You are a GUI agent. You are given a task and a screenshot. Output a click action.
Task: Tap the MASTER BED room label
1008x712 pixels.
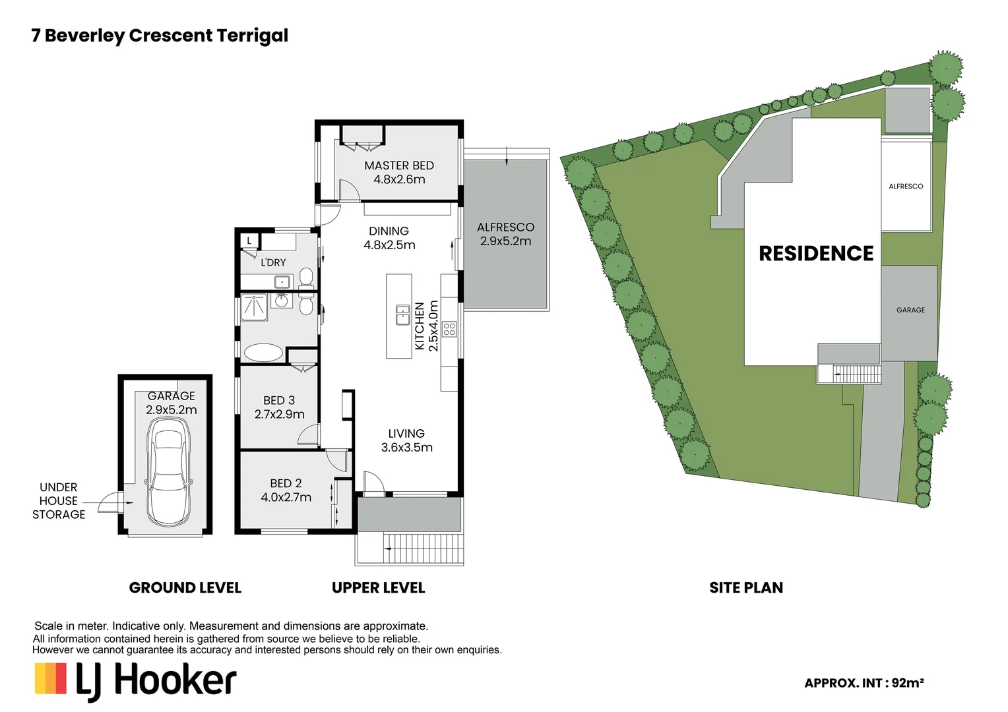pyautogui.click(x=399, y=165)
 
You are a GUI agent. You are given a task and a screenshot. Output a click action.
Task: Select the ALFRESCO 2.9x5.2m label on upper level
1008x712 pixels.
pyautogui.click(x=505, y=234)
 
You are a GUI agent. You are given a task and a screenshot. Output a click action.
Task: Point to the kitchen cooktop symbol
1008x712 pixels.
pyautogui.click(x=449, y=329)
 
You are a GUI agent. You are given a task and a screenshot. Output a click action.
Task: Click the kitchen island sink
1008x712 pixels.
pyautogui.click(x=402, y=314)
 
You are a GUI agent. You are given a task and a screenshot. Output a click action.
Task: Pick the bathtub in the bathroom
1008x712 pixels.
pyautogui.click(x=263, y=352)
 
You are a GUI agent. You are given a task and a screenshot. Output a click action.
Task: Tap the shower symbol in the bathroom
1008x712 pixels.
pyautogui.click(x=254, y=307)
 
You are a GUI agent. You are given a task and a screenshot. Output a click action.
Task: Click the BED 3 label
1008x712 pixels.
pyautogui.click(x=279, y=401)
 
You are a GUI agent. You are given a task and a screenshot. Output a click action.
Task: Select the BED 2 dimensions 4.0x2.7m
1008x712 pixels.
pyautogui.click(x=286, y=498)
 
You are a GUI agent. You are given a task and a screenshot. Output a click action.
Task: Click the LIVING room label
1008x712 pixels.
pyautogui.click(x=406, y=434)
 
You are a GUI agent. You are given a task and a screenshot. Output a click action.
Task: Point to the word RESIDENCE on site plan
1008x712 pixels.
pyautogui.click(x=816, y=254)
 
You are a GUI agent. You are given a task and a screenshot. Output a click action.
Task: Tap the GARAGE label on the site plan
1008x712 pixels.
pyautogui.click(x=910, y=310)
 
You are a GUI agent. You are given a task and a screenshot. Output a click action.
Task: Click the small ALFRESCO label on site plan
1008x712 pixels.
pyautogui.click(x=906, y=187)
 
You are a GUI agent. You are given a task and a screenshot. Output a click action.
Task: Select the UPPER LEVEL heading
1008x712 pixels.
pyautogui.click(x=378, y=588)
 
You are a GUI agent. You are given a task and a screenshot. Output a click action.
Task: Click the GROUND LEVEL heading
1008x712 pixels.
pyautogui.click(x=185, y=588)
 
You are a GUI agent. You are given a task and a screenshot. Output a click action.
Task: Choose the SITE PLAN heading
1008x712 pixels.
pyautogui.click(x=746, y=588)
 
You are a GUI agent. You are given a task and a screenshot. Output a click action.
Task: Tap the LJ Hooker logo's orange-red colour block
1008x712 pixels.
pyautogui.click(x=61, y=678)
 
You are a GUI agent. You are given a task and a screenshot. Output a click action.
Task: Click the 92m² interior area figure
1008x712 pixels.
pyautogui.click(x=908, y=683)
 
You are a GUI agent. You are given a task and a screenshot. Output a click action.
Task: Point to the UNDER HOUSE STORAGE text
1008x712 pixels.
pyautogui.click(x=59, y=501)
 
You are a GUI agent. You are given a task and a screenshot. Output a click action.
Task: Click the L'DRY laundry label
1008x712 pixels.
pyautogui.click(x=273, y=262)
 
